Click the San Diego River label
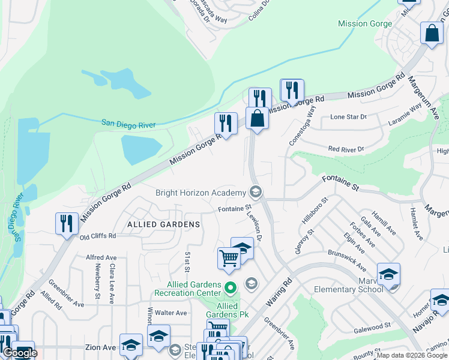(x=128, y=124)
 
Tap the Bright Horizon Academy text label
(x=200, y=193)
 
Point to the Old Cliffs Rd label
(x=98, y=237)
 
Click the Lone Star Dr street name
(x=348, y=117)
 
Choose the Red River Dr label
(x=346, y=149)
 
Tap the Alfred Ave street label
(x=101, y=257)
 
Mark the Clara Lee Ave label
(x=112, y=281)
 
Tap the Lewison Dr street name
(x=256, y=227)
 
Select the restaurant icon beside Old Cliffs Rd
(x=66, y=224)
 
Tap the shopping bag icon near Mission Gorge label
(x=432, y=34)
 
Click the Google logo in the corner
(x=19, y=353)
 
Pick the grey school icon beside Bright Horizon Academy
(x=255, y=192)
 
